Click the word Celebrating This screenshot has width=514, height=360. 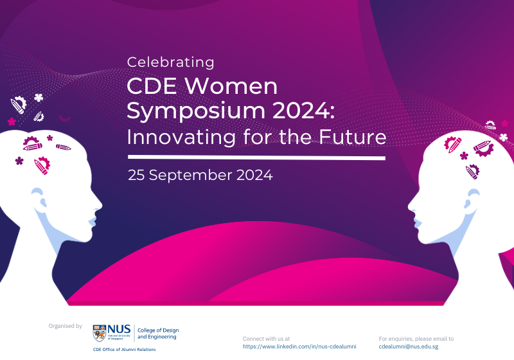coord(170,62)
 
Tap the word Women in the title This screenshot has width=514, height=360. coord(237,85)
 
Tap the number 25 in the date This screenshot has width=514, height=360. coord(136,175)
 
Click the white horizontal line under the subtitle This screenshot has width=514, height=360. coord(256,157)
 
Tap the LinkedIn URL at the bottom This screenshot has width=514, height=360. coord(299,346)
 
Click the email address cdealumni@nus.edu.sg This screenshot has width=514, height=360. coord(409,346)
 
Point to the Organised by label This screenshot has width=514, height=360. coord(66,326)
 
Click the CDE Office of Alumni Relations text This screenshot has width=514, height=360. coord(124,350)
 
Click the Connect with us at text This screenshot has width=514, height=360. coord(266,338)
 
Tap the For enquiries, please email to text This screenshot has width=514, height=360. coord(416,338)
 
